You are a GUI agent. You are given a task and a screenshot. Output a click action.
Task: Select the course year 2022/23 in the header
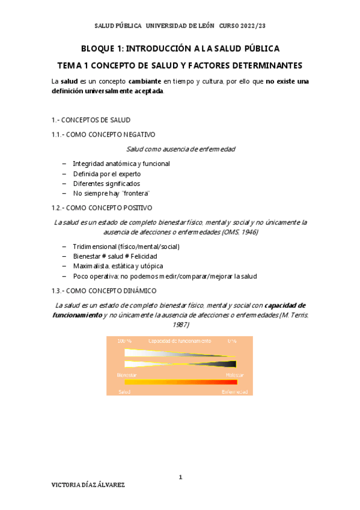pyautogui.click(x=249, y=26)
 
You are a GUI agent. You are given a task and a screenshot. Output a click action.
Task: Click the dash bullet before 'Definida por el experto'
pyautogui.click(x=64, y=173)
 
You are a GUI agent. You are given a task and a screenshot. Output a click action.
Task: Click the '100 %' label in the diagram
pyautogui.click(x=124, y=340)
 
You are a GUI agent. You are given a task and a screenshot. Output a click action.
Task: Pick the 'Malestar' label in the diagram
pyautogui.click(x=235, y=375)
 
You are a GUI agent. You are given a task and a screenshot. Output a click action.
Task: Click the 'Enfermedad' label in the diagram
pyautogui.click(x=234, y=392)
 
